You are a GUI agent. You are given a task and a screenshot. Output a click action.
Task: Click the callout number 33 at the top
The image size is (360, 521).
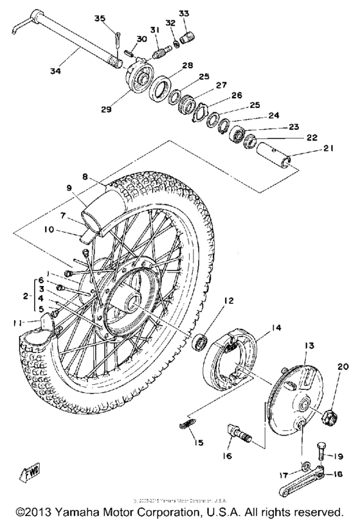point(184,12)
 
